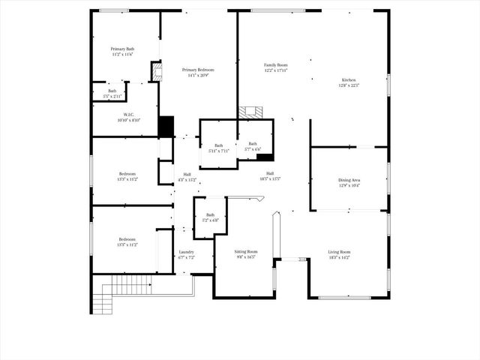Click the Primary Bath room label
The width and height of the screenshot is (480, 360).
[122, 49]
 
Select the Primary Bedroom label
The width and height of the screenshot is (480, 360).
[197, 70]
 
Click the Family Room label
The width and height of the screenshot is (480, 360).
[275, 65]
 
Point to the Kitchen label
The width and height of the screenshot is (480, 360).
[349, 80]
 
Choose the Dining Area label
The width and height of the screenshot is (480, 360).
[349, 180]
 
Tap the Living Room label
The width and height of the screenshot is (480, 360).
[339, 252]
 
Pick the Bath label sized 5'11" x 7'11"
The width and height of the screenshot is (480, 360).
[218, 145]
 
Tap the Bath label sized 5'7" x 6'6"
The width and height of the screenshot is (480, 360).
[253, 144]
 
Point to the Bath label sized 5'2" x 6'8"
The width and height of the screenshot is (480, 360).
[211, 214]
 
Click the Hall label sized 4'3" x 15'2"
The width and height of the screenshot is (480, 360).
[187, 175]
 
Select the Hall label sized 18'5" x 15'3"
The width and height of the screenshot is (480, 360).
[270, 173]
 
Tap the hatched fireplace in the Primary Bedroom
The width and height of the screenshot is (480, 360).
[157, 71]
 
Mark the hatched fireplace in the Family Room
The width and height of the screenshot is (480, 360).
[251, 112]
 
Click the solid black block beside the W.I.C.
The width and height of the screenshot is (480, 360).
[166, 125]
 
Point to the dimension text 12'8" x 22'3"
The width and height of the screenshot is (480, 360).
[349, 85]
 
